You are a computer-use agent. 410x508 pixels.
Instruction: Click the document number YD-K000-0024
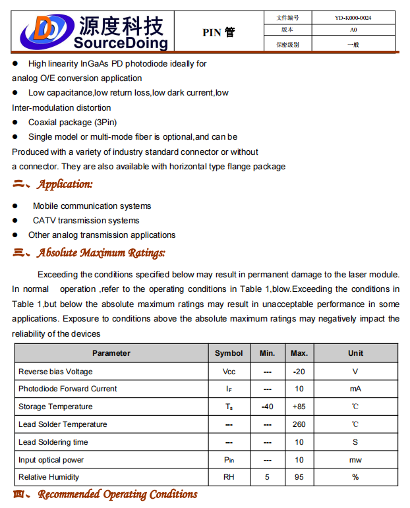tap(353, 18)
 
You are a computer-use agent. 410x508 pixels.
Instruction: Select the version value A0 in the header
tap(353, 30)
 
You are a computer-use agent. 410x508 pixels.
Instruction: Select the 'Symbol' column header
tap(229, 353)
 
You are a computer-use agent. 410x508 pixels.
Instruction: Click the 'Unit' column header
tap(355, 353)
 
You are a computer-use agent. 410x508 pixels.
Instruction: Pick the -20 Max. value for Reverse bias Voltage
tap(299, 372)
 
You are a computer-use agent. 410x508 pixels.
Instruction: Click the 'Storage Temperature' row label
tap(55, 407)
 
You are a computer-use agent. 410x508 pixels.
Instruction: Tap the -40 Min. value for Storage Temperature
tap(267, 407)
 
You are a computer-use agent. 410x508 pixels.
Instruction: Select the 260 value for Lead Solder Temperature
tap(299, 424)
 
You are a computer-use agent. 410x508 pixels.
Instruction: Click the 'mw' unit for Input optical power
tap(355, 460)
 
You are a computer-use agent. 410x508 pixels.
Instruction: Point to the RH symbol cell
tap(229, 477)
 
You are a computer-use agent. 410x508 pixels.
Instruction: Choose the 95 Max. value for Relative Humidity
tap(299, 477)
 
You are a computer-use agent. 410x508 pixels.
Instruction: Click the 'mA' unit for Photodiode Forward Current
tap(355, 389)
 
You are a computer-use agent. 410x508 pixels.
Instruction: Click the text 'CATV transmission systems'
tap(86, 221)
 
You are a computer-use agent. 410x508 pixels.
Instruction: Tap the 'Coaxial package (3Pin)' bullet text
tap(72, 123)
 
